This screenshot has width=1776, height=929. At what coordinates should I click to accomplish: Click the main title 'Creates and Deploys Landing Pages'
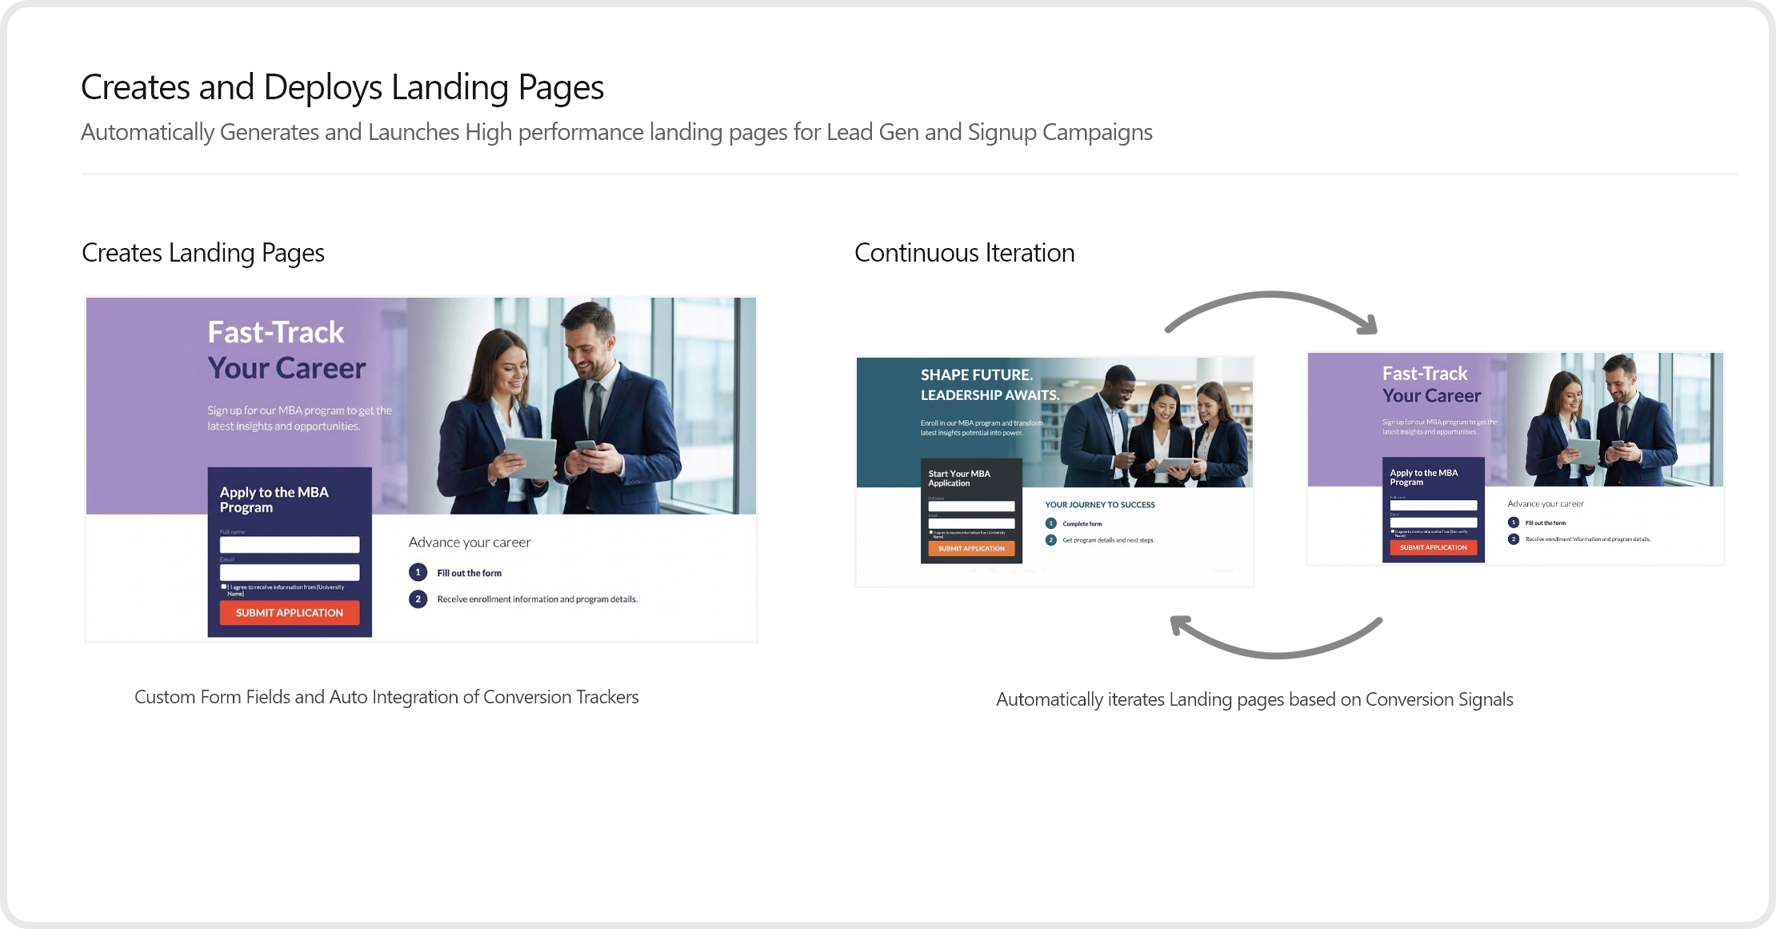pyautogui.click(x=342, y=87)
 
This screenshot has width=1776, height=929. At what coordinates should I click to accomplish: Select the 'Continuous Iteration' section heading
pyautogui.click(x=964, y=253)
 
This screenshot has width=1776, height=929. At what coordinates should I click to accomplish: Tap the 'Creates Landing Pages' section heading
pyautogui.click(x=203, y=253)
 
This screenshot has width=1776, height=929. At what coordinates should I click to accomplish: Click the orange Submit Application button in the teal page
pyautogui.click(x=971, y=549)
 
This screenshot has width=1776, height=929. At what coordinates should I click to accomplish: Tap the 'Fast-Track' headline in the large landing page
pyautogui.click(x=276, y=332)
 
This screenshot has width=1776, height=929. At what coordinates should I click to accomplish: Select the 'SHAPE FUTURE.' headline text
pyautogui.click(x=976, y=375)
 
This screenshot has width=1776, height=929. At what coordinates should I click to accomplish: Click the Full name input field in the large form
pyautogui.click(x=290, y=545)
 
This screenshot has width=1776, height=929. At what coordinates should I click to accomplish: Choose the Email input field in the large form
pyautogui.click(x=290, y=572)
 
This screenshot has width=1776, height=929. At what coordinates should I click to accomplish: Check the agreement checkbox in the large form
pyautogui.click(x=224, y=587)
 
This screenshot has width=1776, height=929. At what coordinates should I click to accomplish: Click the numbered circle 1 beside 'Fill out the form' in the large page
pyautogui.click(x=418, y=573)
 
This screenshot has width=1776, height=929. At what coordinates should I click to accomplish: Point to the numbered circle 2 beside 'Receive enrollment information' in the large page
pyautogui.click(x=418, y=599)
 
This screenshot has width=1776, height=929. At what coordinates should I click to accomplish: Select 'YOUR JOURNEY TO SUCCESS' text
pyautogui.click(x=1099, y=505)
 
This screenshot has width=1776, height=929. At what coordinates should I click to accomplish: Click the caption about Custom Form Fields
pyautogui.click(x=386, y=697)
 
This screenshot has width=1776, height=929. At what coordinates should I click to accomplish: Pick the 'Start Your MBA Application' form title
pyautogui.click(x=959, y=479)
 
